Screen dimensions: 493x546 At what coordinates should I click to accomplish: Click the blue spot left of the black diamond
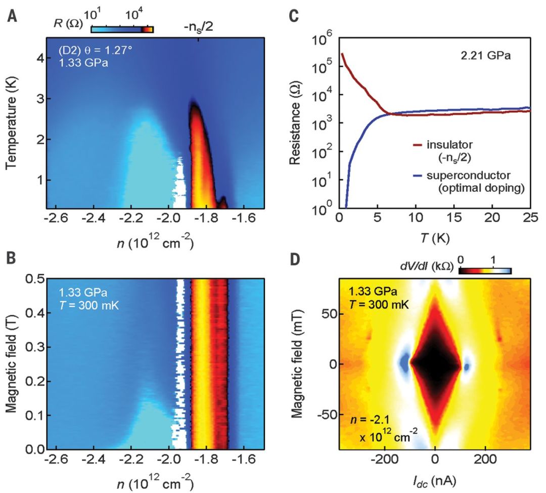click(404, 362)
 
